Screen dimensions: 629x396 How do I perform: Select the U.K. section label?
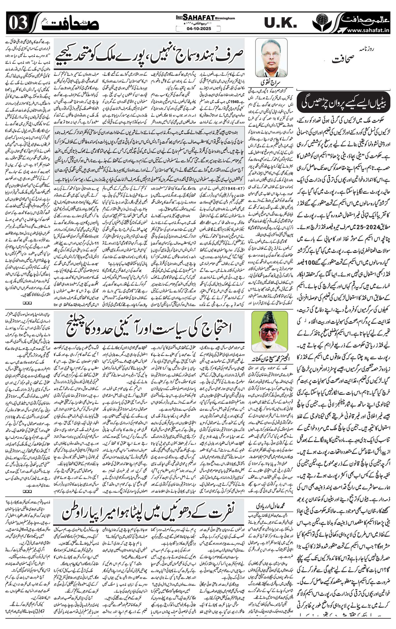pos(280,23)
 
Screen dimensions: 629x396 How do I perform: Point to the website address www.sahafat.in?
pos(368,30)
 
